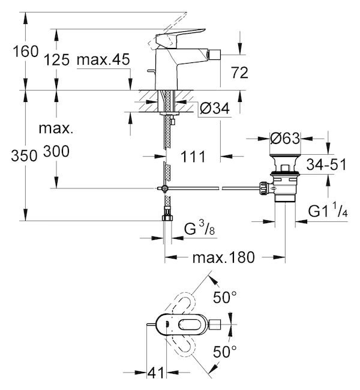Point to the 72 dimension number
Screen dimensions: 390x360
[240, 73]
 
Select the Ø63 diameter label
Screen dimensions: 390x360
[284, 139]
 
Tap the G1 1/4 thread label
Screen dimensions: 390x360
[329, 211]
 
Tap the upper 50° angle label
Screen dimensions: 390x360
[226, 297]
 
